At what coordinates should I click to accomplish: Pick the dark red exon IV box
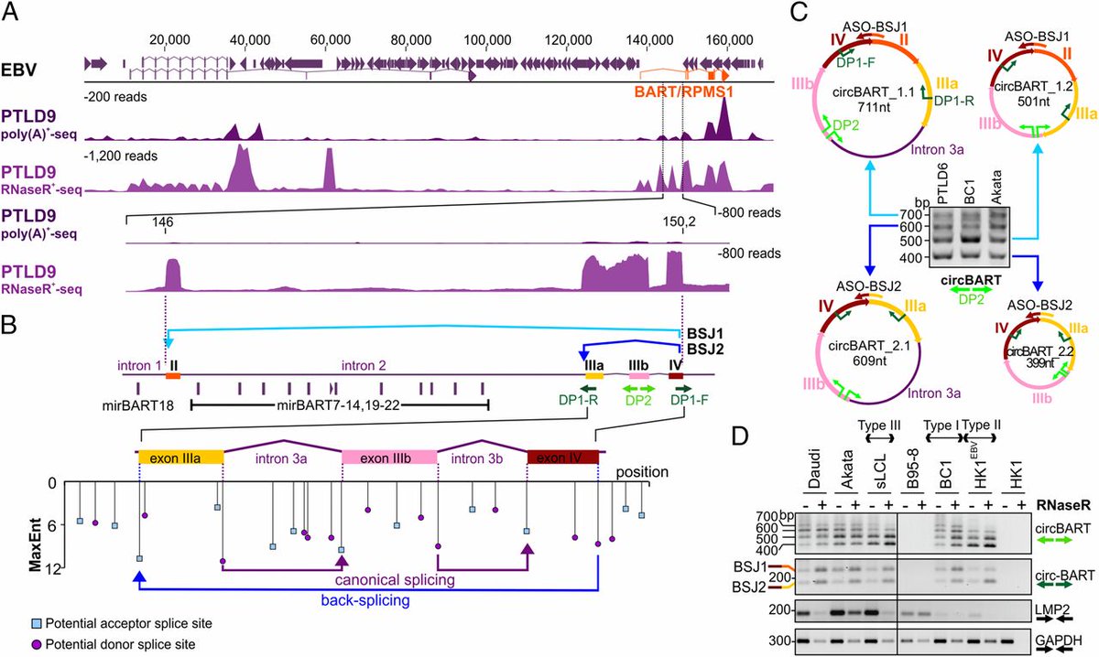563,457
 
